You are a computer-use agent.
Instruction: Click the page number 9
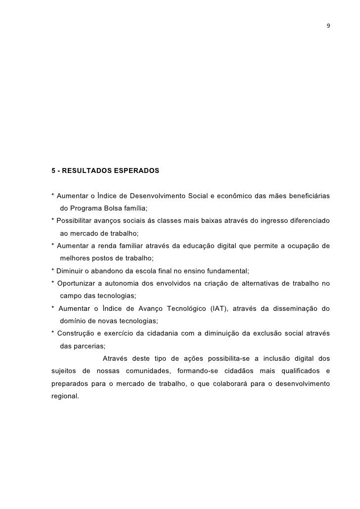(328, 26)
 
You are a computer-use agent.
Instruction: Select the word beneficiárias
(308, 194)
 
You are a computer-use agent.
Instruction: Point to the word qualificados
(295, 371)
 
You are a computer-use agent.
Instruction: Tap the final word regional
(64, 396)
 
